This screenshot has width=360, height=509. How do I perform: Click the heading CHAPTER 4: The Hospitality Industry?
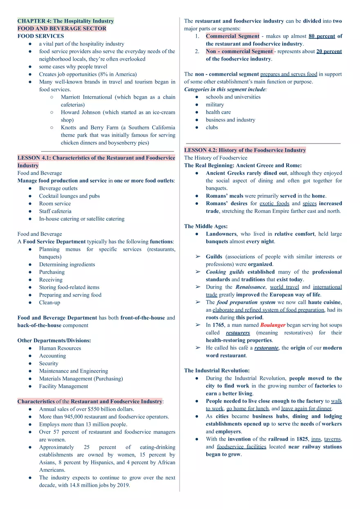(65, 21)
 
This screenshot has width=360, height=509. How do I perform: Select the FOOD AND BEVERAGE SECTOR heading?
(62, 29)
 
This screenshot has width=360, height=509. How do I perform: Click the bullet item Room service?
(55, 204)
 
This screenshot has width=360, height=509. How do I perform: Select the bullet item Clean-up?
(49, 303)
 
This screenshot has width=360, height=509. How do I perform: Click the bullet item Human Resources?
(60, 348)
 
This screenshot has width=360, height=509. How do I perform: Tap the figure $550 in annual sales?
(94, 409)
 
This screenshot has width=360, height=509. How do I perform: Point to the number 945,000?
(67, 416)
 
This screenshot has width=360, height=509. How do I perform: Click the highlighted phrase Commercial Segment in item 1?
(232, 36)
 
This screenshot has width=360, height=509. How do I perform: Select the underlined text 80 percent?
(322, 36)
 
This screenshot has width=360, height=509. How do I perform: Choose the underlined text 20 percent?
(329, 52)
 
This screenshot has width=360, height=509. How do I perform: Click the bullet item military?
(215, 104)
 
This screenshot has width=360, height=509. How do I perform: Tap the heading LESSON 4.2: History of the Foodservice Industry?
(245, 150)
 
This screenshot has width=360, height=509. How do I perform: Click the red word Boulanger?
(272, 325)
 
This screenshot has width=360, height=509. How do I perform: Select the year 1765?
(218, 325)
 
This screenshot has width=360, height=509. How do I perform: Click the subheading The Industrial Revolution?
(217, 371)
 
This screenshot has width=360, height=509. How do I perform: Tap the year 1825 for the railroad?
(300, 439)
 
